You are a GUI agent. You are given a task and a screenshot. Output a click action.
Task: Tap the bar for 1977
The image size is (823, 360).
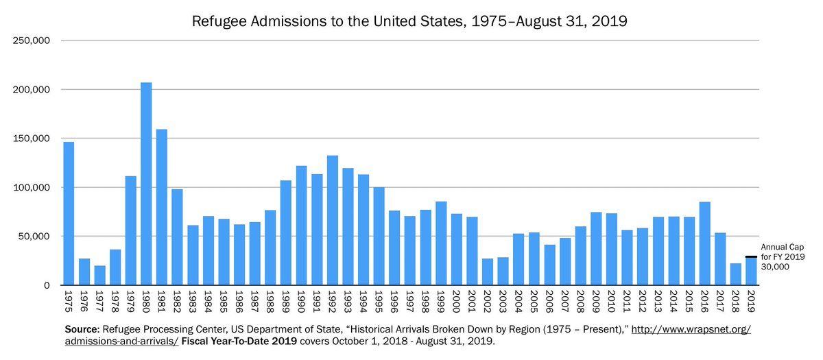click(x=99, y=275)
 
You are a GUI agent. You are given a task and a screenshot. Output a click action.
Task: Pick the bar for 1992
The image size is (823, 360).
click(x=332, y=220)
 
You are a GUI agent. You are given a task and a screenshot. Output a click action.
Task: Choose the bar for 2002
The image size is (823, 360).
click(x=487, y=272)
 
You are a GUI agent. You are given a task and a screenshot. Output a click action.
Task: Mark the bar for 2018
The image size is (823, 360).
click(x=735, y=274)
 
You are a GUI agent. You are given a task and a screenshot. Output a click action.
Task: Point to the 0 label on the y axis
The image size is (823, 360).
click(x=47, y=285)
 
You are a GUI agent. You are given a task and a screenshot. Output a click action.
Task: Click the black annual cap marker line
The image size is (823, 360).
click(x=751, y=257)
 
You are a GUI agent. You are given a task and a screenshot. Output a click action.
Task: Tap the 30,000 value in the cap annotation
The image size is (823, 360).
click(x=775, y=267)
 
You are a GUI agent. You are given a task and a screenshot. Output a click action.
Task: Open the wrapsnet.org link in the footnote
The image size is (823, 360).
click(x=689, y=330)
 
